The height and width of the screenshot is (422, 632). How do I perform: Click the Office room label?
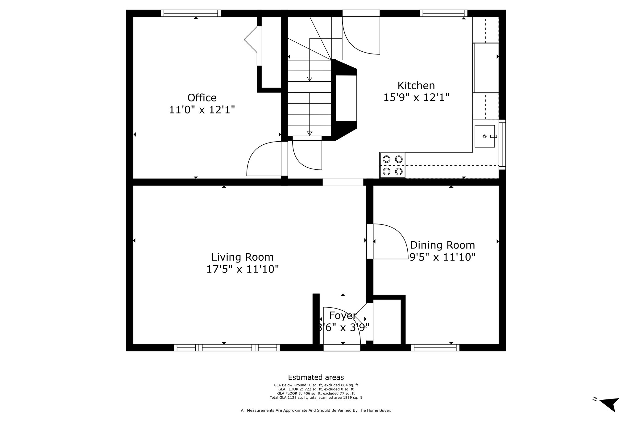click(x=202, y=98)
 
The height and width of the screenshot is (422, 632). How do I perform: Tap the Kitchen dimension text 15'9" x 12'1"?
click(x=416, y=97)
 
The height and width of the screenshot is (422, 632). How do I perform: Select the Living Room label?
click(x=242, y=257)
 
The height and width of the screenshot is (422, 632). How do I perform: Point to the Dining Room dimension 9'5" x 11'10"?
click(x=442, y=257)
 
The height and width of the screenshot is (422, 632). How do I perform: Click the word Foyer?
click(x=343, y=316)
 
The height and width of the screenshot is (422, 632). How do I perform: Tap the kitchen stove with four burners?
click(x=393, y=165)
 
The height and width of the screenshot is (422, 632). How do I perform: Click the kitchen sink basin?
click(x=484, y=136)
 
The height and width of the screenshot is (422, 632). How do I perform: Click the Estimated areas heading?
click(x=316, y=377)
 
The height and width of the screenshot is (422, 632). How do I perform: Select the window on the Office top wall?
click(x=191, y=13)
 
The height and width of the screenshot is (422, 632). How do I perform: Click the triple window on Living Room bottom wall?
click(x=227, y=347)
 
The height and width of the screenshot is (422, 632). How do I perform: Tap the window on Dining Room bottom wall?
click(x=435, y=347)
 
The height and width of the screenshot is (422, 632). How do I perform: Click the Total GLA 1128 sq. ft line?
click(x=316, y=398)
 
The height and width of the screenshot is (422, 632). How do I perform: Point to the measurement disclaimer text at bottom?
click(x=316, y=411)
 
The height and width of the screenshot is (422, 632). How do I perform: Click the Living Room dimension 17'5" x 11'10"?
click(x=243, y=269)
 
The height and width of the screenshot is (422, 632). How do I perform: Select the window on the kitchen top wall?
click(x=443, y=13)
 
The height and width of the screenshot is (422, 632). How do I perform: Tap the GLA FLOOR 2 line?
click(x=316, y=389)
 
